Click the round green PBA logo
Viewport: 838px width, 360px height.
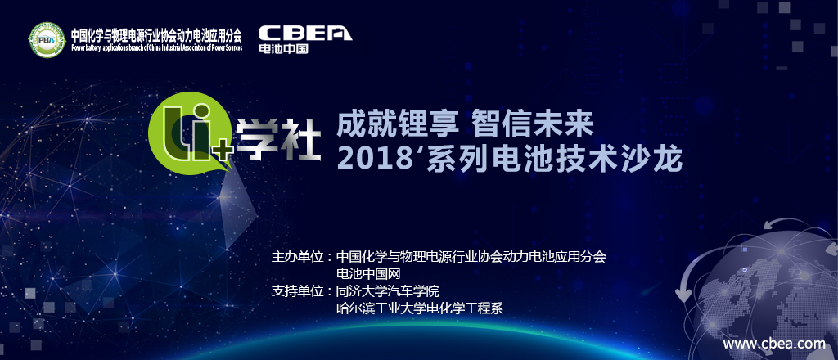click(47, 40)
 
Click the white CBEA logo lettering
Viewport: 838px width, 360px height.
click(305, 33)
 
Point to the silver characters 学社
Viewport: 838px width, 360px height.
click(278, 139)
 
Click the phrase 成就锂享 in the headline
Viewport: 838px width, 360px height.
click(398, 127)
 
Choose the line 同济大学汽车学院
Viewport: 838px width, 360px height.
click(387, 291)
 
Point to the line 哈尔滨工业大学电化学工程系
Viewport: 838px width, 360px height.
click(420, 308)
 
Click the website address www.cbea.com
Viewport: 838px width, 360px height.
click(774, 344)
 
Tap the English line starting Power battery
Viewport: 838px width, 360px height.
click(156, 47)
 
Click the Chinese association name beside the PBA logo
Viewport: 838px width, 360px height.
click(156, 36)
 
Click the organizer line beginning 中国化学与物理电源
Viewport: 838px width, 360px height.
click(471, 257)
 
